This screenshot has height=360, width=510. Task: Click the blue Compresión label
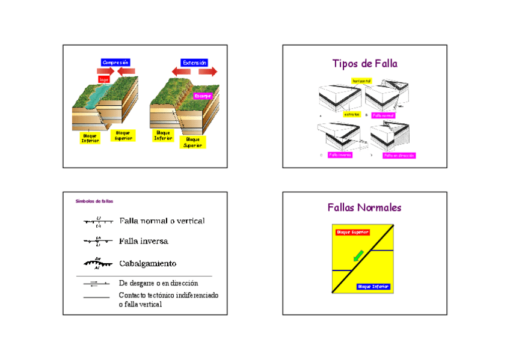[x=115, y=63]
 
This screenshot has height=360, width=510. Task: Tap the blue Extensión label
[x=194, y=63]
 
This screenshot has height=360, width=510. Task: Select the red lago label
[x=104, y=79]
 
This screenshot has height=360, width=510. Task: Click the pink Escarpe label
[x=203, y=96]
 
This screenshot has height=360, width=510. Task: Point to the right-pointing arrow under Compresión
[x=106, y=72]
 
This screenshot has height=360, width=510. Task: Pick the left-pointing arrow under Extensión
[x=181, y=72]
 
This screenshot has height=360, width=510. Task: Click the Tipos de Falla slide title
[x=364, y=64]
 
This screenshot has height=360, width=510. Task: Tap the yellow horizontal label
[x=362, y=81]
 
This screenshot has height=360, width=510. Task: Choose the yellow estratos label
[x=352, y=114]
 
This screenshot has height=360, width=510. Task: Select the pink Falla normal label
[x=382, y=115]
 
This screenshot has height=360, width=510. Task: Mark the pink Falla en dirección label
[x=399, y=155]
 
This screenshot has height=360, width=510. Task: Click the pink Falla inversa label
[x=340, y=154]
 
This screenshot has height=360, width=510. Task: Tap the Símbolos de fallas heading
[x=94, y=201]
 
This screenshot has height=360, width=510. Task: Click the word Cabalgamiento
[x=147, y=263]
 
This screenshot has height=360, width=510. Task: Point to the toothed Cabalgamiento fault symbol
[x=97, y=263]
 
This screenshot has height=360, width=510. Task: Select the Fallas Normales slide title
[x=364, y=208]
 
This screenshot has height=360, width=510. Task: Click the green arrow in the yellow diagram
[x=358, y=256]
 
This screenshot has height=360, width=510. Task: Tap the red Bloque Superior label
[x=352, y=232]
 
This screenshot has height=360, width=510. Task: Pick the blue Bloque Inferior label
[x=373, y=287]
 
